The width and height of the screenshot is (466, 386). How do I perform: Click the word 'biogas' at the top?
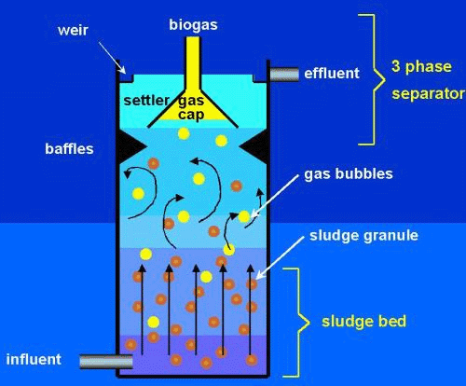click(x=193, y=25)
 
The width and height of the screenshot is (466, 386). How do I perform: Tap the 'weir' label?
click(x=73, y=31)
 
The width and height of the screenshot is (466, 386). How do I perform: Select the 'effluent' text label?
click(x=332, y=74)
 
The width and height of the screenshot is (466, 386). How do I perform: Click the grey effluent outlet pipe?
click(x=284, y=75)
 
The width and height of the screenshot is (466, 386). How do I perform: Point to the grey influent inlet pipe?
click(x=106, y=362)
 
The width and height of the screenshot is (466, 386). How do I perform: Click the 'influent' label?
click(x=34, y=360)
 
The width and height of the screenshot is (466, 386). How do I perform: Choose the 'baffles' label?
click(x=69, y=149)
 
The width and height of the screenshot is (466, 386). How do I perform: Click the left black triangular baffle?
click(x=131, y=145)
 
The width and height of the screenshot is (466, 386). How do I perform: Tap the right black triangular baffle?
click(x=254, y=146)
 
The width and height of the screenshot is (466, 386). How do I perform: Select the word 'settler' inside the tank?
click(x=146, y=101)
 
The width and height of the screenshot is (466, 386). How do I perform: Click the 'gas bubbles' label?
click(x=349, y=173)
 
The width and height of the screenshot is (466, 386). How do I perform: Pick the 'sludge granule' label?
click(x=363, y=236)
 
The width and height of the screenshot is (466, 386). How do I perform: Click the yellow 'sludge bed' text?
click(x=363, y=322)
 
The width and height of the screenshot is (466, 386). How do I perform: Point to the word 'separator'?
click(x=428, y=94)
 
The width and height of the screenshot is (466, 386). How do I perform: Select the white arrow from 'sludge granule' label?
click(x=280, y=258)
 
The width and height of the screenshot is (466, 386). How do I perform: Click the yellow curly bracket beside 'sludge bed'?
click(x=296, y=323)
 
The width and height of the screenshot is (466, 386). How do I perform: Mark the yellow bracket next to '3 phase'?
click(x=374, y=79)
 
